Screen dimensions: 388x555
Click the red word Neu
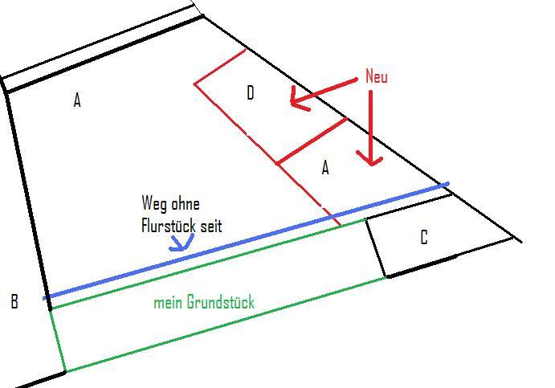click(x=376, y=77)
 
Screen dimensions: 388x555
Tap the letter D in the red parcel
click(x=251, y=94)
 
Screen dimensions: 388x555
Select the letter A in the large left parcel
click(x=77, y=100)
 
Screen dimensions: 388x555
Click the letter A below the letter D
click(x=325, y=168)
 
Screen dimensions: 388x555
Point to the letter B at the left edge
click(x=14, y=302)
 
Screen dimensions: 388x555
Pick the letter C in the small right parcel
click(x=423, y=238)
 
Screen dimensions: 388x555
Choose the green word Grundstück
click(x=220, y=303)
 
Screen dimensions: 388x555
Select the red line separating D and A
click(x=312, y=141)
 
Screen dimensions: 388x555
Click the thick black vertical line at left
click(x=27, y=193)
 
